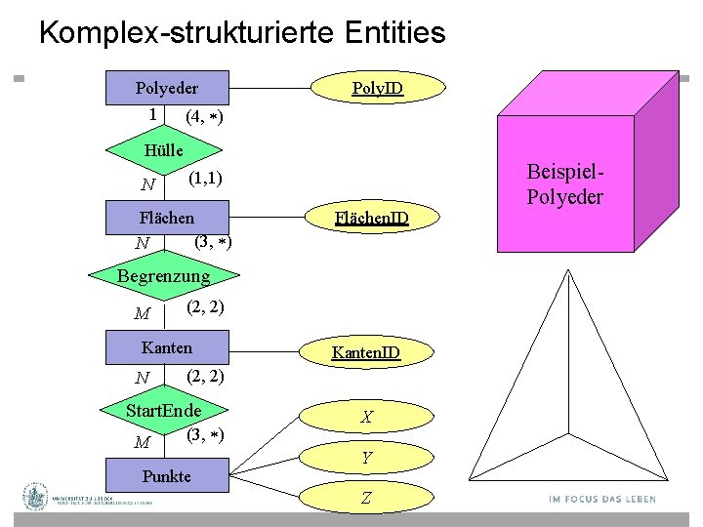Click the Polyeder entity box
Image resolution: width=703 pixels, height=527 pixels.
point(167,88)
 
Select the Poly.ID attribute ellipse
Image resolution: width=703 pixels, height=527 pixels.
point(378,90)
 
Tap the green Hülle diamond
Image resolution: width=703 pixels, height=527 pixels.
point(163,151)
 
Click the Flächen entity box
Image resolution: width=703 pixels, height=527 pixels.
point(167,218)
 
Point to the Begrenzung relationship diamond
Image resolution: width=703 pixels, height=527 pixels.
point(163,277)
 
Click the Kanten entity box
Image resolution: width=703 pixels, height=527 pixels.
point(167,347)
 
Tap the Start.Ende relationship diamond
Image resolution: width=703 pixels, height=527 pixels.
point(163,410)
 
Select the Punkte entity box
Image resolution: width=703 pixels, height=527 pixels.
point(167,477)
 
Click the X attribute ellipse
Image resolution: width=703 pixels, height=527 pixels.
point(366,417)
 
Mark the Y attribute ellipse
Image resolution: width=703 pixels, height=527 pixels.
point(366,457)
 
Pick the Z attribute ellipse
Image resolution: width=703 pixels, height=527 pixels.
point(366,498)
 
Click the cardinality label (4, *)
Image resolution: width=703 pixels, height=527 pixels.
point(204,117)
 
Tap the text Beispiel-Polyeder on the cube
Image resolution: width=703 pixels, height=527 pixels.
point(564,183)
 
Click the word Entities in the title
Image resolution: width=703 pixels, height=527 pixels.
point(394,33)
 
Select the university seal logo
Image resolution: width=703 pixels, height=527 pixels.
point(36,497)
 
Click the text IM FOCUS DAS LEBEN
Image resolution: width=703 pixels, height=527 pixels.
point(602,500)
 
